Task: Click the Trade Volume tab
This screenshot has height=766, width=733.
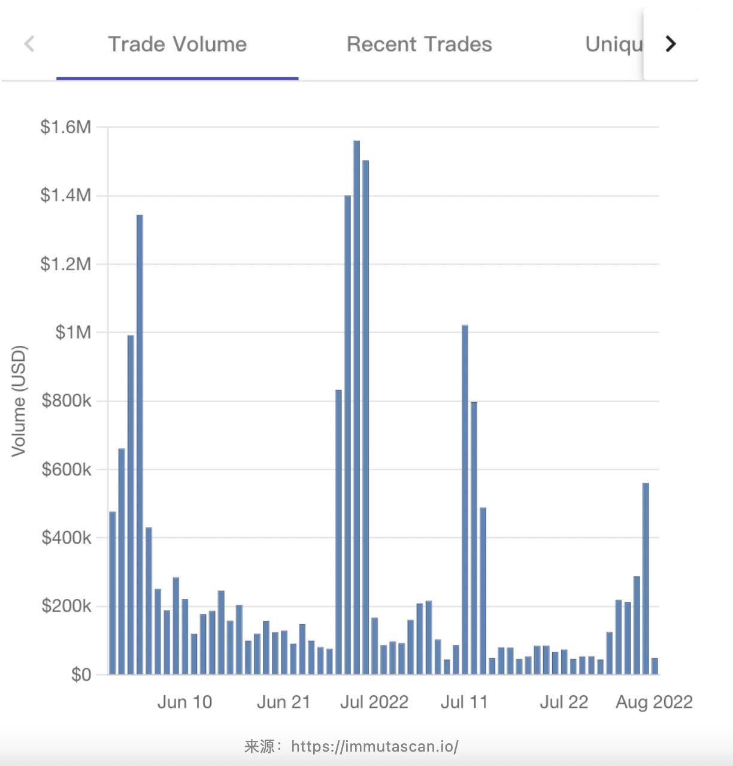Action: (177, 44)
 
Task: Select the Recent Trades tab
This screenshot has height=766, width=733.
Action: (419, 44)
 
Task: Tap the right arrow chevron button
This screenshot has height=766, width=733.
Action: (671, 44)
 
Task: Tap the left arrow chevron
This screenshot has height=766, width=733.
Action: (29, 44)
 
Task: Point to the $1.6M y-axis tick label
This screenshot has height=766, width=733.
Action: (66, 127)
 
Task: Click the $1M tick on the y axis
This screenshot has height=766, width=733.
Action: (73, 332)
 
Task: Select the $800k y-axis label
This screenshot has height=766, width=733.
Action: (66, 400)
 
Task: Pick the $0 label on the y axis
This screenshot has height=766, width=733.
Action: (81, 675)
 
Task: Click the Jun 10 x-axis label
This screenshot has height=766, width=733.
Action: (184, 702)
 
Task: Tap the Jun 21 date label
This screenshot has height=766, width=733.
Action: (284, 702)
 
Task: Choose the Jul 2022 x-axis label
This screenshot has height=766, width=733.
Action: (374, 702)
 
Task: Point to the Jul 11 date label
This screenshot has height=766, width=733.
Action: (464, 702)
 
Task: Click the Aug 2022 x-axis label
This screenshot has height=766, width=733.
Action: (654, 702)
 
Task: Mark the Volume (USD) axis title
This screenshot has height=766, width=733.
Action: (19, 400)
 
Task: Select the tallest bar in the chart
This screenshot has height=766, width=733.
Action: (356, 408)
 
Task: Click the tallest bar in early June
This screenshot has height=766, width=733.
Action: (140, 444)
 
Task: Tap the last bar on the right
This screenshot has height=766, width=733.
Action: (655, 666)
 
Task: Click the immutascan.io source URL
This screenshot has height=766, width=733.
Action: (375, 746)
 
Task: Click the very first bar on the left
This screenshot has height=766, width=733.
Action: (113, 593)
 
